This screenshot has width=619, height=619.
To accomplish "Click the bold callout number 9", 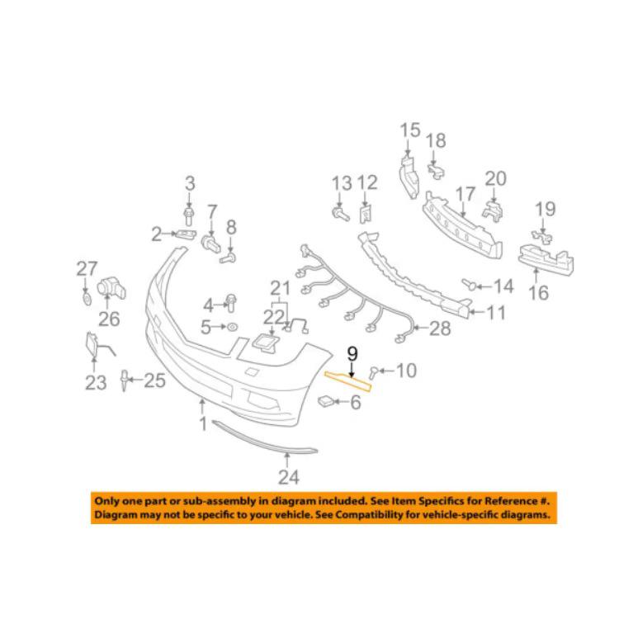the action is tap(352, 354).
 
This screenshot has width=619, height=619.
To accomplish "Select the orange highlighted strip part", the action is tap(347, 382).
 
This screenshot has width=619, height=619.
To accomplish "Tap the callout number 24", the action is tap(289, 477).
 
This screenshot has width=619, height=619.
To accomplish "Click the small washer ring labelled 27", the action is tap(87, 299).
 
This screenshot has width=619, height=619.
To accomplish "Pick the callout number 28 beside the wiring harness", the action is tap(440, 328).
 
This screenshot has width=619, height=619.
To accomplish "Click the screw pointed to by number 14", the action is tap(470, 284).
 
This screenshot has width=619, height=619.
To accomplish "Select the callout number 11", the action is tap(496, 313).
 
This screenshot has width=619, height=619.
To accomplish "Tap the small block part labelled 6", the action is tap(326, 401).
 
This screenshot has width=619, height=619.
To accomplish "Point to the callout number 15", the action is tap(409, 130).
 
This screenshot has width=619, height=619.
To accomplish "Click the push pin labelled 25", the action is tap(125, 380).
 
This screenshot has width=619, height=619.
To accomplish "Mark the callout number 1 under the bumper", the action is tap(203, 424).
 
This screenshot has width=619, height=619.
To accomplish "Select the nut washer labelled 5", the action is tap(233, 328).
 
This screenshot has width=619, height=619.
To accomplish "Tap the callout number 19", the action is tap(545, 210).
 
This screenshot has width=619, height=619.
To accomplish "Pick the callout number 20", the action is tap(495, 179).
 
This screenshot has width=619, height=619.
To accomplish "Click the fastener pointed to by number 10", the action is tap(373, 372).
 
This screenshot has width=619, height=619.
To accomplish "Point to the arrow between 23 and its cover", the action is tap(94, 364).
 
